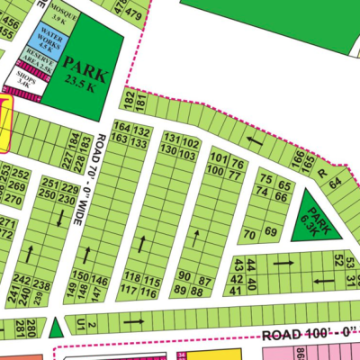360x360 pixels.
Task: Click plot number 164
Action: tap(121, 132)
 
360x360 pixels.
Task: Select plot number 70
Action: tap(249, 234)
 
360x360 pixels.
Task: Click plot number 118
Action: tap(132, 278)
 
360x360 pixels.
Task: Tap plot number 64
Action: tap(335, 183)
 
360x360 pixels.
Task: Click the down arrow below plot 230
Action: tap(59, 218)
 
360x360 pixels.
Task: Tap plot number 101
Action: tap(217, 160)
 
